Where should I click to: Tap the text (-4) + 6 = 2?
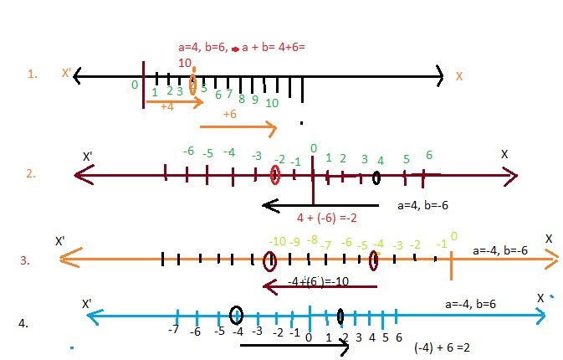pyautogui.click(x=441, y=347)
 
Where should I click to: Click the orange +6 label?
pyautogui.click(x=230, y=114)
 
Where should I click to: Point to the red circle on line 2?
pyautogui.click(x=274, y=174)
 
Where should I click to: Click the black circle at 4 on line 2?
pyautogui.click(x=377, y=177)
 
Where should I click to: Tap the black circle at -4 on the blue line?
pyautogui.click(x=236, y=315)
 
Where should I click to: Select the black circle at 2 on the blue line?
pyautogui.click(x=340, y=316)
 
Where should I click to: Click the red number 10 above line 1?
pyautogui.click(x=186, y=63)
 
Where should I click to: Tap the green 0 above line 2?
pyautogui.click(x=313, y=149)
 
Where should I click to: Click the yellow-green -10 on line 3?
pyautogui.click(x=277, y=242)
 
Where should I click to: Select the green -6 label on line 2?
pyautogui.click(x=188, y=151)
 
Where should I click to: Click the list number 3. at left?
pyautogui.click(x=26, y=260)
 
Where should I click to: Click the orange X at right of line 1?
pyautogui.click(x=459, y=76)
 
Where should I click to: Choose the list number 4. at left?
pyautogui.click(x=24, y=321)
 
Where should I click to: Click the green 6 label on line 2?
pyautogui.click(x=428, y=156)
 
